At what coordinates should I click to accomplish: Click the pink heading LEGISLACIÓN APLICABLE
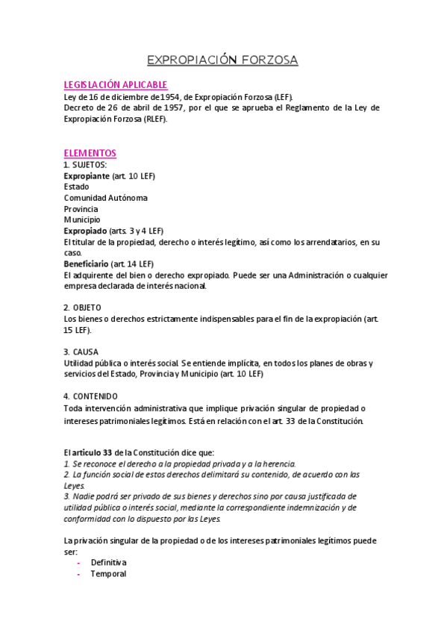pos(115,85)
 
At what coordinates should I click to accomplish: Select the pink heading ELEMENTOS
pos(90,153)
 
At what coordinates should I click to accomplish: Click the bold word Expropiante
pos(86,175)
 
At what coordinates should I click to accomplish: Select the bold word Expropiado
pos(85,231)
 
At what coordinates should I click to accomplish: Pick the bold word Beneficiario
pos(86,264)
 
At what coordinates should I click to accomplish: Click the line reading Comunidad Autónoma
pos(105,198)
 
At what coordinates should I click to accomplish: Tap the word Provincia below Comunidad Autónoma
pos(81,209)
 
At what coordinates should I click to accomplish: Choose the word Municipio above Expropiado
pos(81,219)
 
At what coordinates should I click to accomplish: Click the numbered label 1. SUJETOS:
pos(85,164)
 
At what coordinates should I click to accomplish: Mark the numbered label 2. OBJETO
pos(82,308)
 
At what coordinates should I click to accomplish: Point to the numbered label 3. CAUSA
pos(81,352)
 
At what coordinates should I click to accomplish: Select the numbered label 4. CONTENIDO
pos(90,396)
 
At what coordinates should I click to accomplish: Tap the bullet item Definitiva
pos(109,562)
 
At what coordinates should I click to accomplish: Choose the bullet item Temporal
pos(108,574)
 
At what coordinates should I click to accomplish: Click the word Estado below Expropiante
pos(76,187)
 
